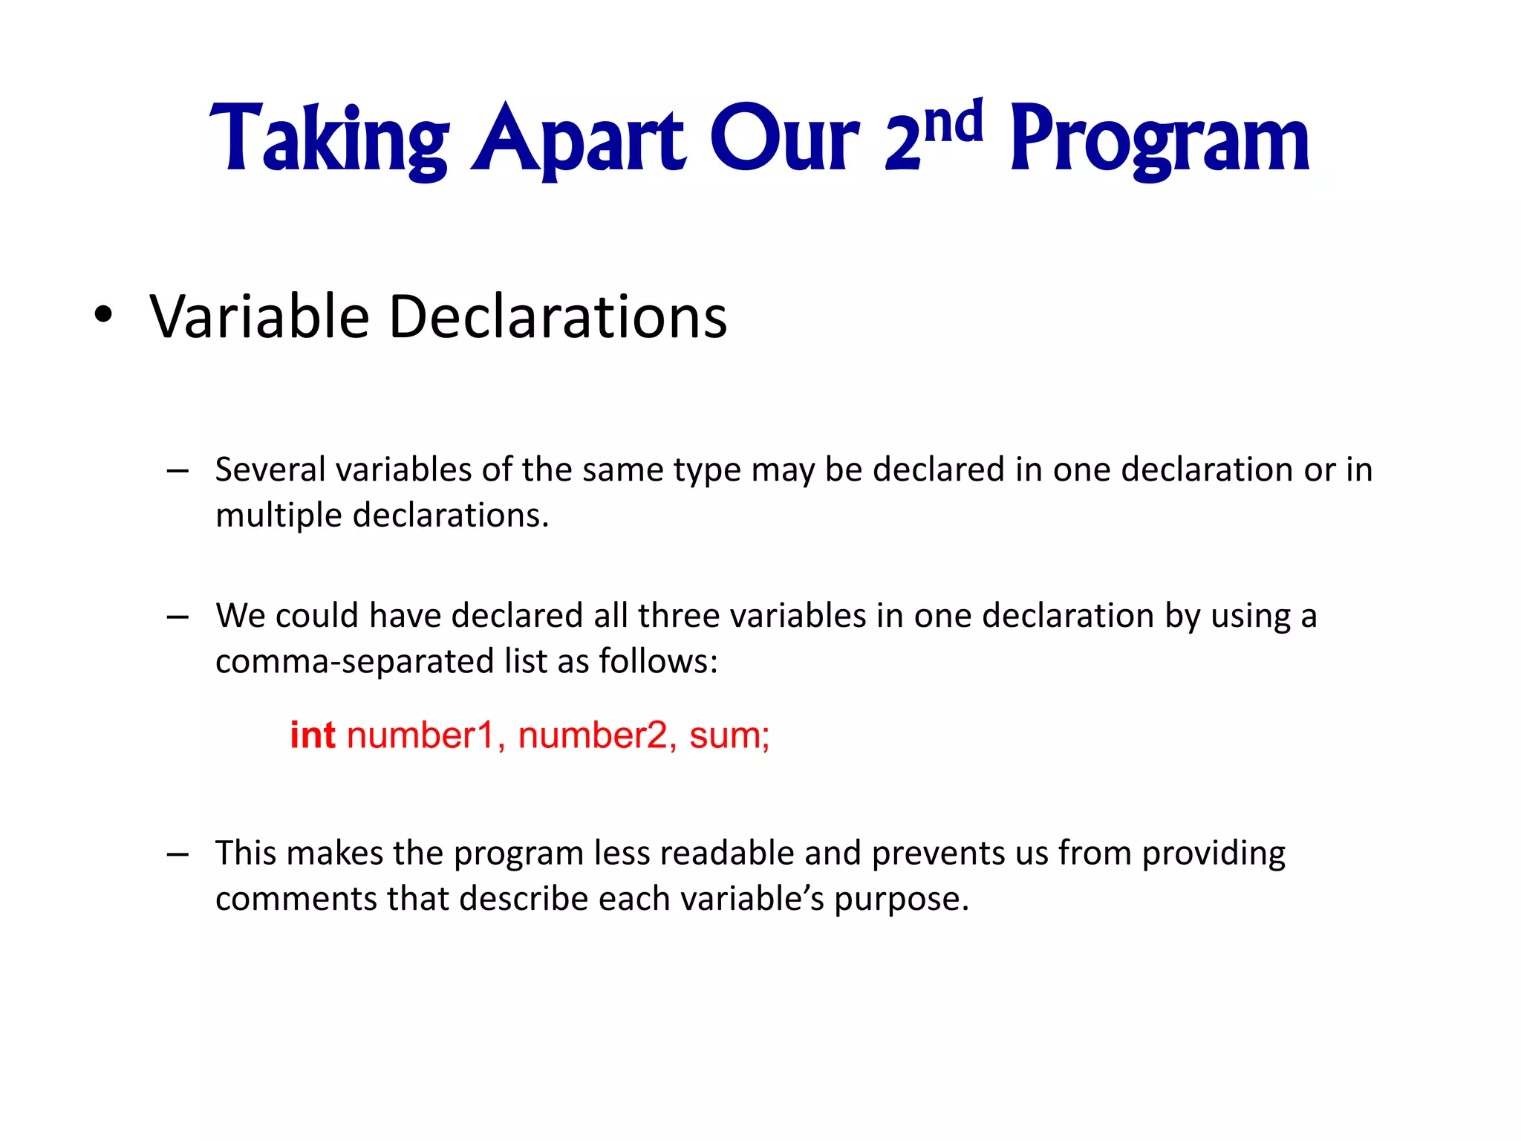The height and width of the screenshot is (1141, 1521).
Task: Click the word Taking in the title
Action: (x=329, y=140)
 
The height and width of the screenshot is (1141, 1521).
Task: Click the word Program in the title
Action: (x=1159, y=141)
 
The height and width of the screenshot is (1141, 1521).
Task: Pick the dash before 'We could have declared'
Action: (x=177, y=617)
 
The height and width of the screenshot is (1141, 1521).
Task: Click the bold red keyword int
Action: (x=312, y=735)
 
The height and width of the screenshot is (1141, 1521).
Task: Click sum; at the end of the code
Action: (x=729, y=735)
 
